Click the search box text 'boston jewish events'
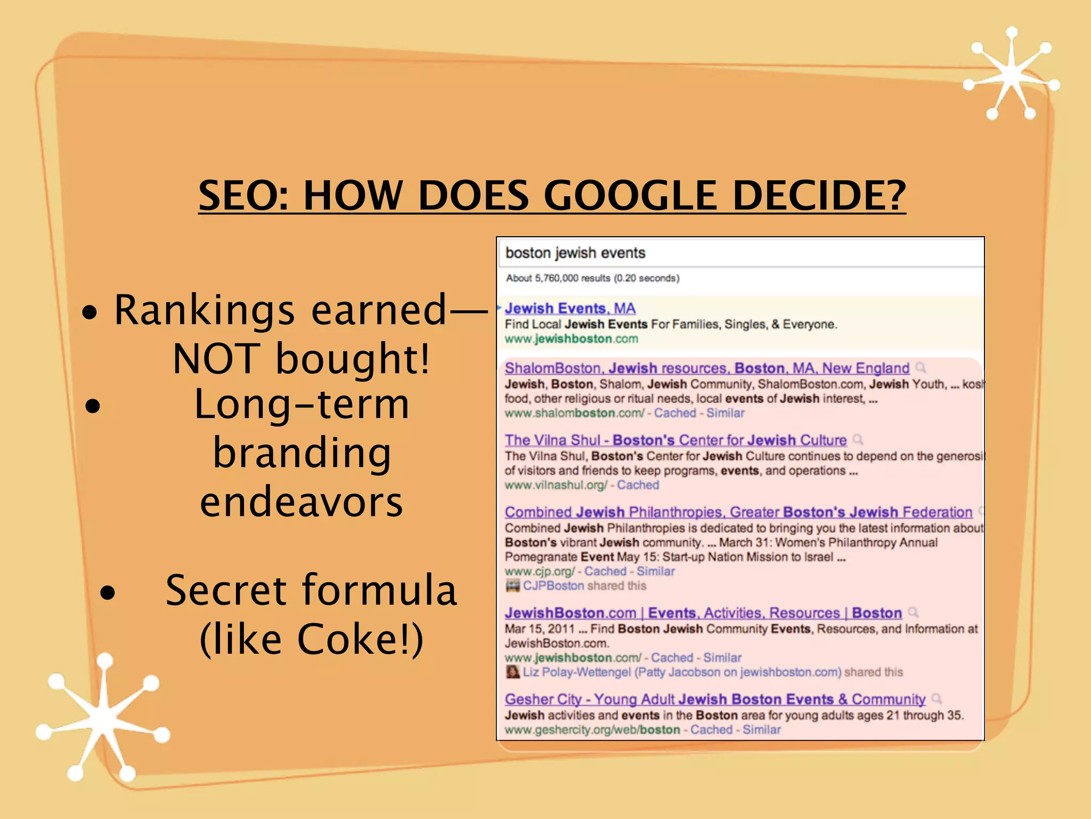(575, 253)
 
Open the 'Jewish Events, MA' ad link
(570, 308)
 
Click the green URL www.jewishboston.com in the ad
(571, 339)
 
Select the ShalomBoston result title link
(707, 368)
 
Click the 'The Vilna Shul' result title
(675, 440)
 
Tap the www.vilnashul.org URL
(556, 485)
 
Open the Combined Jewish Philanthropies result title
(738, 512)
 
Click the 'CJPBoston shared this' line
(584, 585)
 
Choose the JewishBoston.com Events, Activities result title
(703, 613)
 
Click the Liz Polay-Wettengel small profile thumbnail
(512, 672)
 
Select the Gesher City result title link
(715, 699)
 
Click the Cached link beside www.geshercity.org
(711, 729)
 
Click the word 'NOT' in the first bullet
(216, 358)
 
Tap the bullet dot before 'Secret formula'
(108, 592)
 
